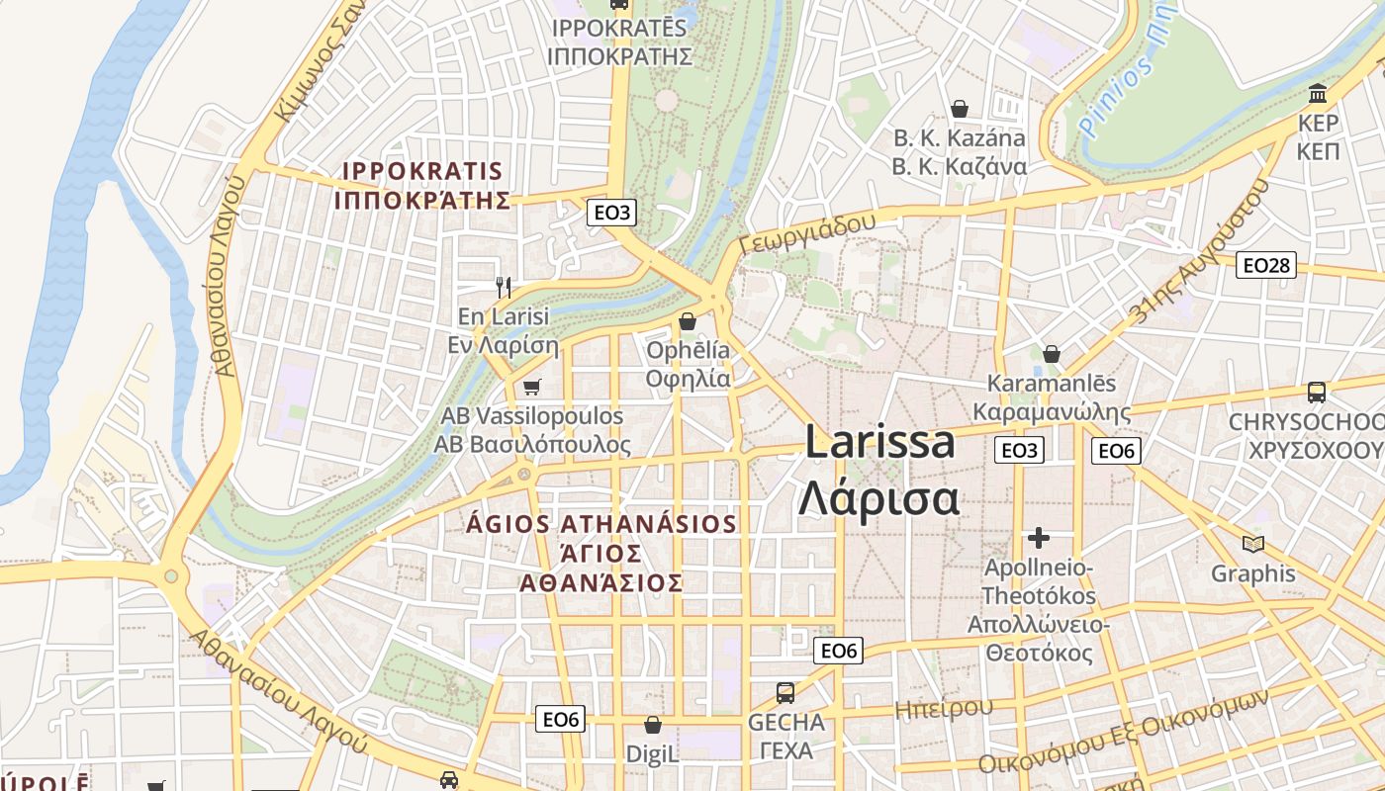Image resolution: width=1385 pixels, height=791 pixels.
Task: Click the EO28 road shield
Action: pos(1266,265)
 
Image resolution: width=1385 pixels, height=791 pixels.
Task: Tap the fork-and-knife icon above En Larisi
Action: pos(504,288)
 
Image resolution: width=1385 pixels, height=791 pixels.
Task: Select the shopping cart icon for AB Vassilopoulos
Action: pos(531,387)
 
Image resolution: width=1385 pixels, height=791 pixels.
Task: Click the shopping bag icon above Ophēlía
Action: pos(688,321)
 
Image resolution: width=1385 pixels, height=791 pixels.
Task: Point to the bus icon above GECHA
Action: pos(785,692)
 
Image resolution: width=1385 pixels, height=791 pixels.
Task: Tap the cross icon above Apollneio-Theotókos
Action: pos(1038,538)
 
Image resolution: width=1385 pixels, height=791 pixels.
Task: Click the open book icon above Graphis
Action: pos(1253,544)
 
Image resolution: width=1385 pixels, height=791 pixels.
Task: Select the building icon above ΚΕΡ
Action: pos(1318,95)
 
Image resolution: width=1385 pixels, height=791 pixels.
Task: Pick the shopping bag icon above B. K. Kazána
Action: pos(959,108)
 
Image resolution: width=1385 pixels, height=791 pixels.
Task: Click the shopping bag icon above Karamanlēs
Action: pos(1052,353)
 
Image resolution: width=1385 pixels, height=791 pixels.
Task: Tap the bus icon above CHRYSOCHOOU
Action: pos(1317,392)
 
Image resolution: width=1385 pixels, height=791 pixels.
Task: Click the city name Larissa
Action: pos(879,442)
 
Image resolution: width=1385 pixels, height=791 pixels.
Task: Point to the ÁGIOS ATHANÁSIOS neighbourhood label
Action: pos(601,524)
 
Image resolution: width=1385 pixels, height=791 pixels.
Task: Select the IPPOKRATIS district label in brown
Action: pos(422,171)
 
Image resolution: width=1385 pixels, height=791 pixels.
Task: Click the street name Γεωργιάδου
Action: pos(807,234)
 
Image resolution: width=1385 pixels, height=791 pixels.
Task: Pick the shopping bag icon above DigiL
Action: pos(652,726)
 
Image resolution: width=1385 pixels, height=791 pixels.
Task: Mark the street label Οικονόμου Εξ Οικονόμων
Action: pos(1123,733)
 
